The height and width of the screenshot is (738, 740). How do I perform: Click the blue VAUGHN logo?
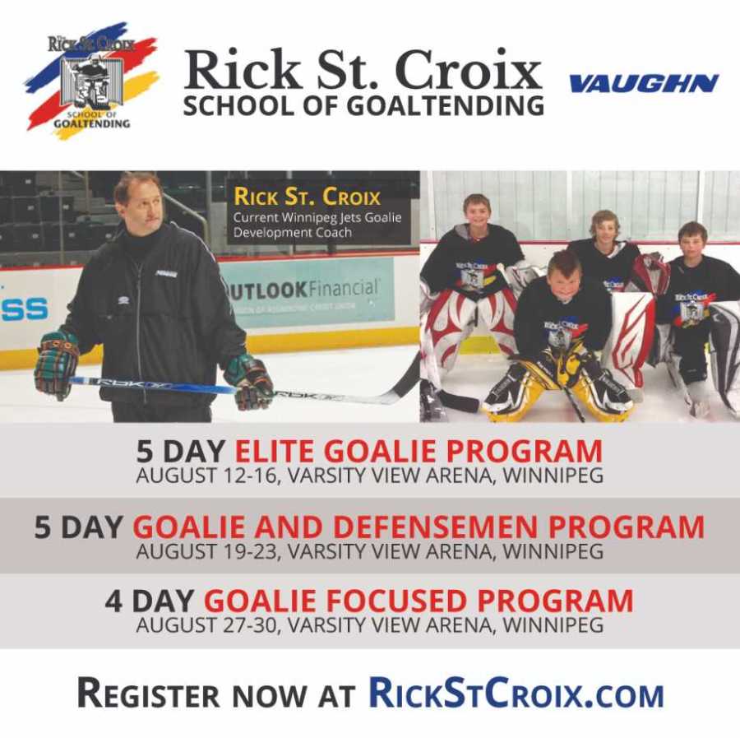(x=644, y=84)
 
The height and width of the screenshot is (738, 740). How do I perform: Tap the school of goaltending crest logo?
(x=91, y=81)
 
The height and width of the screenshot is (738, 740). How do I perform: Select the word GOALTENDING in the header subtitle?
(x=446, y=106)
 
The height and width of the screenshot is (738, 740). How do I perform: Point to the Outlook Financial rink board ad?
(x=308, y=293)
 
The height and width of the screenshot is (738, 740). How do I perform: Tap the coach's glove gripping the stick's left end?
(x=56, y=364)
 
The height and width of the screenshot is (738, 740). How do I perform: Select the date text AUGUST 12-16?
(x=206, y=476)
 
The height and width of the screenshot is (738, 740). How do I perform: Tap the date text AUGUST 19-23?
(x=206, y=551)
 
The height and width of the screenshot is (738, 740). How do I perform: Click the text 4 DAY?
(x=149, y=601)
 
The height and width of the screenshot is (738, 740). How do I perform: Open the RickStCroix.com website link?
(x=516, y=694)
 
